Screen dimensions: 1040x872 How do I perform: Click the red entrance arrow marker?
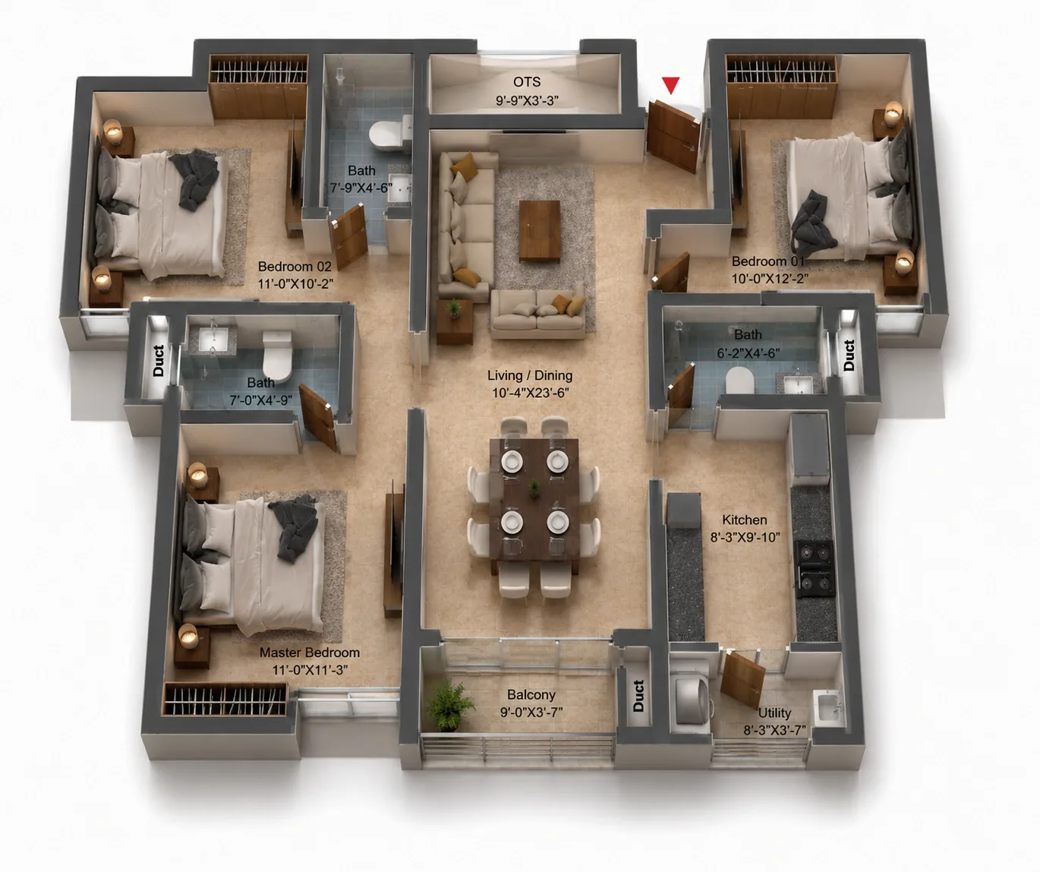670,85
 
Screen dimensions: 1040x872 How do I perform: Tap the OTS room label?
527,82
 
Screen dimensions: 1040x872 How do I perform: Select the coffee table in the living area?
540,231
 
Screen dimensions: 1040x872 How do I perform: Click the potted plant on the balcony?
449,704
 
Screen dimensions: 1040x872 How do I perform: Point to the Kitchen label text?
744,520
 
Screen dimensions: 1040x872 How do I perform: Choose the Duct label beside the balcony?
638,696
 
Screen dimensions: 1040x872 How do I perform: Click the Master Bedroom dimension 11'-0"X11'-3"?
310,670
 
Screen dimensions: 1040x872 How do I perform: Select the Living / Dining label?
530,375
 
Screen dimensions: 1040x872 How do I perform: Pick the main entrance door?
673,136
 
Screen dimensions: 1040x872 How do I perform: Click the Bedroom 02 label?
295,267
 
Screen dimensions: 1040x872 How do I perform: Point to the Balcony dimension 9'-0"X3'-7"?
531,712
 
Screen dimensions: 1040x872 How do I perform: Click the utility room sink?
827,706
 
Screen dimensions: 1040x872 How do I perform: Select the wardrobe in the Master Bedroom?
225,699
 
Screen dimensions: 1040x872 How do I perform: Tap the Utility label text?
774,713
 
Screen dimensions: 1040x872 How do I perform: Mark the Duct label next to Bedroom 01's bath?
849,355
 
